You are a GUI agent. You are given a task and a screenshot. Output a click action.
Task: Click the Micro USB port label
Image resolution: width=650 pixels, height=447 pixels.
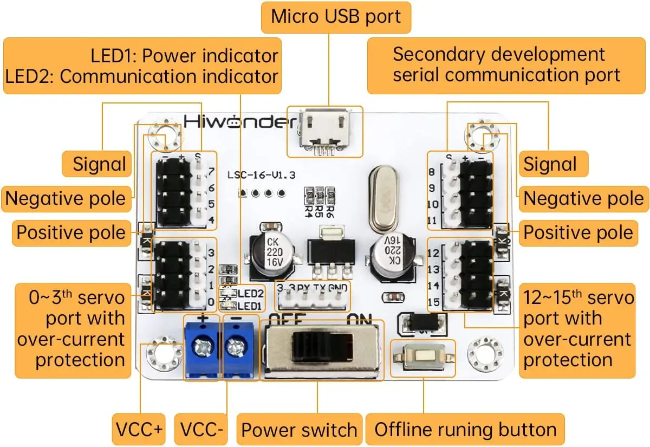336,17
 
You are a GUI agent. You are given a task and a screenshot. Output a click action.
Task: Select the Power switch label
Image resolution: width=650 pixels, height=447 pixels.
299,430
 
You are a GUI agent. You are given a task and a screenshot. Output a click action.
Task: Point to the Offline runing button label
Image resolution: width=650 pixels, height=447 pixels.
465,430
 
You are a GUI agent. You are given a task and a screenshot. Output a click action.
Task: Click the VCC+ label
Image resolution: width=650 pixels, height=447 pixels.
139,430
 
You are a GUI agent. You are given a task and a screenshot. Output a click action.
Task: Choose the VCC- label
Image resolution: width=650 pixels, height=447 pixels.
201,430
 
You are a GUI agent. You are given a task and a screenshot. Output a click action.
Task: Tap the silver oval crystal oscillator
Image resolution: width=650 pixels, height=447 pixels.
382,198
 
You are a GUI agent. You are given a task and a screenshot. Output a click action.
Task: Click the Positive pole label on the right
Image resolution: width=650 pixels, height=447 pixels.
578,233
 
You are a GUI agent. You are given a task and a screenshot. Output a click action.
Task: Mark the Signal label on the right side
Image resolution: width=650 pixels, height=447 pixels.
550,164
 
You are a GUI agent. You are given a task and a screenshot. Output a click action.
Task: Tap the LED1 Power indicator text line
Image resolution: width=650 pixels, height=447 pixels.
184,56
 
